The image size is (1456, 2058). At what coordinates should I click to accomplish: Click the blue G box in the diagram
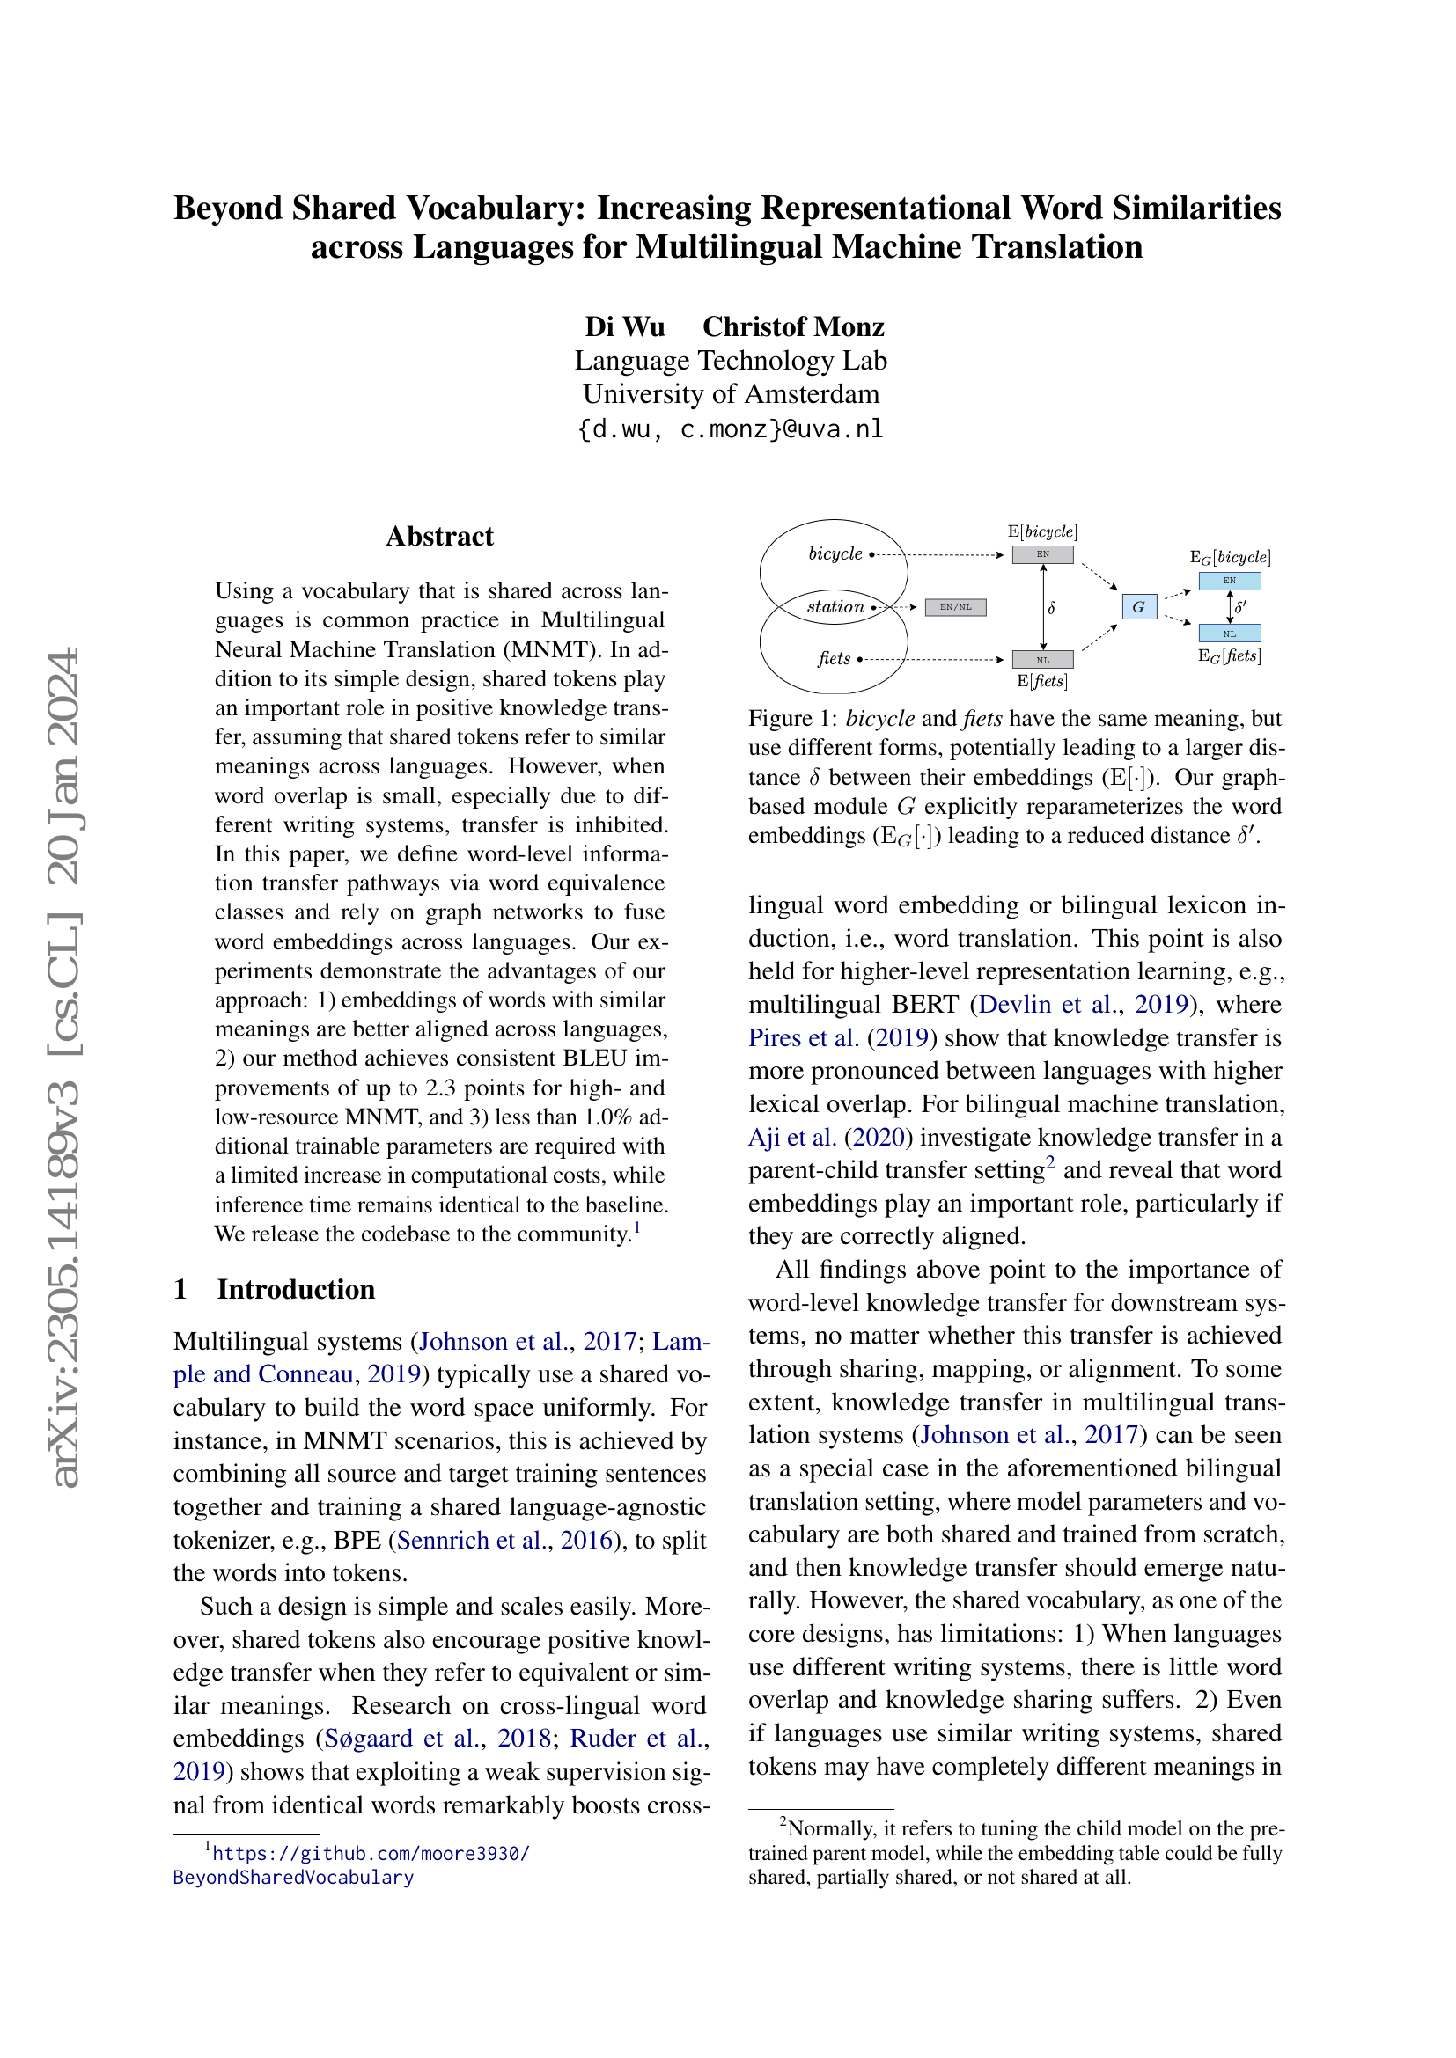point(1138,607)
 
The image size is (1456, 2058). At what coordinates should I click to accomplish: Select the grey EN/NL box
point(955,607)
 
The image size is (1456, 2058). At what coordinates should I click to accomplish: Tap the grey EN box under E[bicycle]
point(1042,554)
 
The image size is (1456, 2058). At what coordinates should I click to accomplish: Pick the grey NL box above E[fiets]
point(1042,660)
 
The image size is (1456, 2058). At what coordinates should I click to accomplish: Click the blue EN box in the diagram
point(1229,581)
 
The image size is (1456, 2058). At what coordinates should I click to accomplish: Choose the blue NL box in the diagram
point(1229,633)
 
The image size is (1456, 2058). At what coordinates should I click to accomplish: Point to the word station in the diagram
point(835,607)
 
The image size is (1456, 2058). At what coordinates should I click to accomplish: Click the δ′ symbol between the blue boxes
point(1241,607)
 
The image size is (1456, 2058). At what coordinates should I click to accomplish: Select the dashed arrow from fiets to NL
point(932,660)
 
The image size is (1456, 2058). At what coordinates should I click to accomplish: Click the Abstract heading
point(439,536)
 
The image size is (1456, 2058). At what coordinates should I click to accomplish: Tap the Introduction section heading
point(296,1289)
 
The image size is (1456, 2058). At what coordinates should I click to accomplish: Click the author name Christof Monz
point(792,326)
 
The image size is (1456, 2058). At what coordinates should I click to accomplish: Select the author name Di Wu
point(624,326)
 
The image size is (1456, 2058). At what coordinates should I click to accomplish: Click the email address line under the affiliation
point(731,429)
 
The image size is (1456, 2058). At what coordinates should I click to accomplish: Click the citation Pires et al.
point(804,1037)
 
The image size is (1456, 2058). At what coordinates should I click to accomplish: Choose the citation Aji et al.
point(792,1137)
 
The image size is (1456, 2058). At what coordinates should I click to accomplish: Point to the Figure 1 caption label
point(792,719)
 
